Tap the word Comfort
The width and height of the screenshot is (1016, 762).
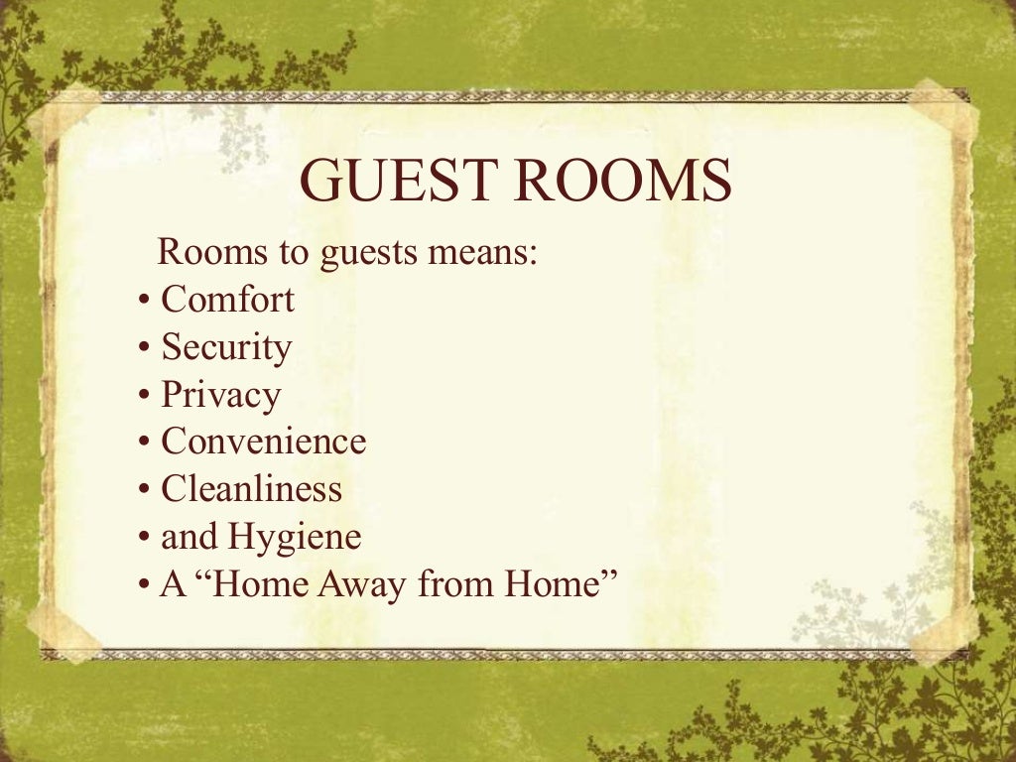(x=227, y=299)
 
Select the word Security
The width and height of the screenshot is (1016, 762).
(x=226, y=347)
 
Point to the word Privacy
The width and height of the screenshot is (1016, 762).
(x=220, y=395)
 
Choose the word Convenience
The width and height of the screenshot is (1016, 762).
(x=263, y=442)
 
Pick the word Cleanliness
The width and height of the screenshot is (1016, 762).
(x=251, y=489)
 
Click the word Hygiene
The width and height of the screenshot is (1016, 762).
(x=295, y=538)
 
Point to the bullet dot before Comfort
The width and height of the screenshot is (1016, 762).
(x=144, y=301)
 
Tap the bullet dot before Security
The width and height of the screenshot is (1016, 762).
(x=144, y=348)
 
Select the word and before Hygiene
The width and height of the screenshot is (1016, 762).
(x=189, y=538)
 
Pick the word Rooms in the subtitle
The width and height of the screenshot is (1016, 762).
(x=212, y=252)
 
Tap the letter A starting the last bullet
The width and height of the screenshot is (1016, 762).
(x=172, y=584)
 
